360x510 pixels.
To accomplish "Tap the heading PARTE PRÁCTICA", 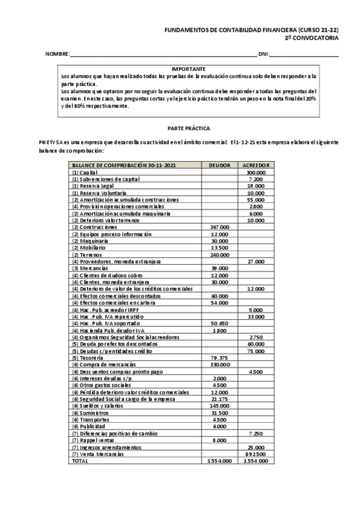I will click(188, 129).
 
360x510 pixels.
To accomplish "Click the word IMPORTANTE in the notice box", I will click(189, 69).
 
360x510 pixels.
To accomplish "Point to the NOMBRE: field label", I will click(58, 55).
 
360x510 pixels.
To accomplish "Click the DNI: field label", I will click(263, 55).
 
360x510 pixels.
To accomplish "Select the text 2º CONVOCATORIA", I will click(311, 37).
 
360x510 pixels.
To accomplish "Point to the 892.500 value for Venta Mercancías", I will click(255, 453).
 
